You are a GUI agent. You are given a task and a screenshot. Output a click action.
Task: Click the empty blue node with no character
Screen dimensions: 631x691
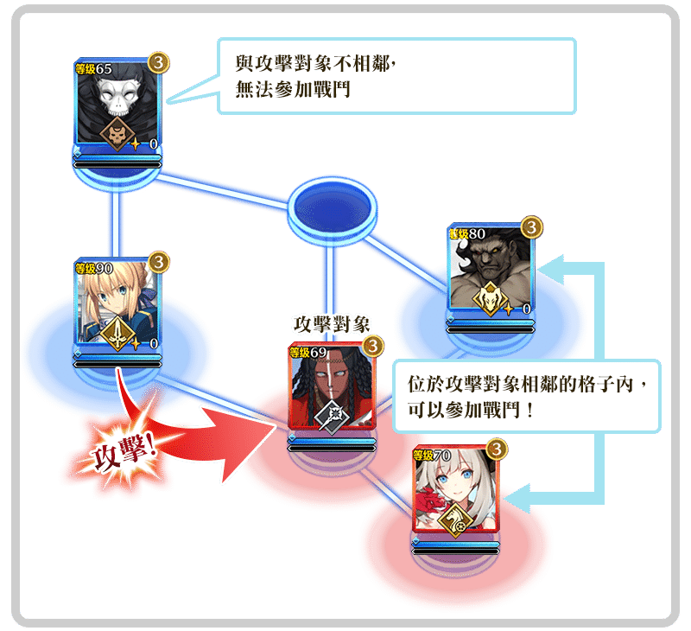[333, 208]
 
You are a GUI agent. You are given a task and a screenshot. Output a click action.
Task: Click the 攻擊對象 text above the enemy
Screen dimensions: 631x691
[333, 324]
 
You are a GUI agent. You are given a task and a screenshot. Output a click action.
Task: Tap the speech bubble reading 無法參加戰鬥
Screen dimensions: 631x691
[396, 75]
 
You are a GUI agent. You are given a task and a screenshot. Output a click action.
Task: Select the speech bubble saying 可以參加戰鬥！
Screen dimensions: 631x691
[524, 395]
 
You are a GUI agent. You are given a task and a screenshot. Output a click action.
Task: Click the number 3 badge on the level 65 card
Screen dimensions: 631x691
[158, 62]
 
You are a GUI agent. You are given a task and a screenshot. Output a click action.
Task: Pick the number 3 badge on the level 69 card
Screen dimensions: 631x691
[372, 346]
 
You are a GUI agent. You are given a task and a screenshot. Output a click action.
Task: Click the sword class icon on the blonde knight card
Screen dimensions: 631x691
[117, 333]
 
